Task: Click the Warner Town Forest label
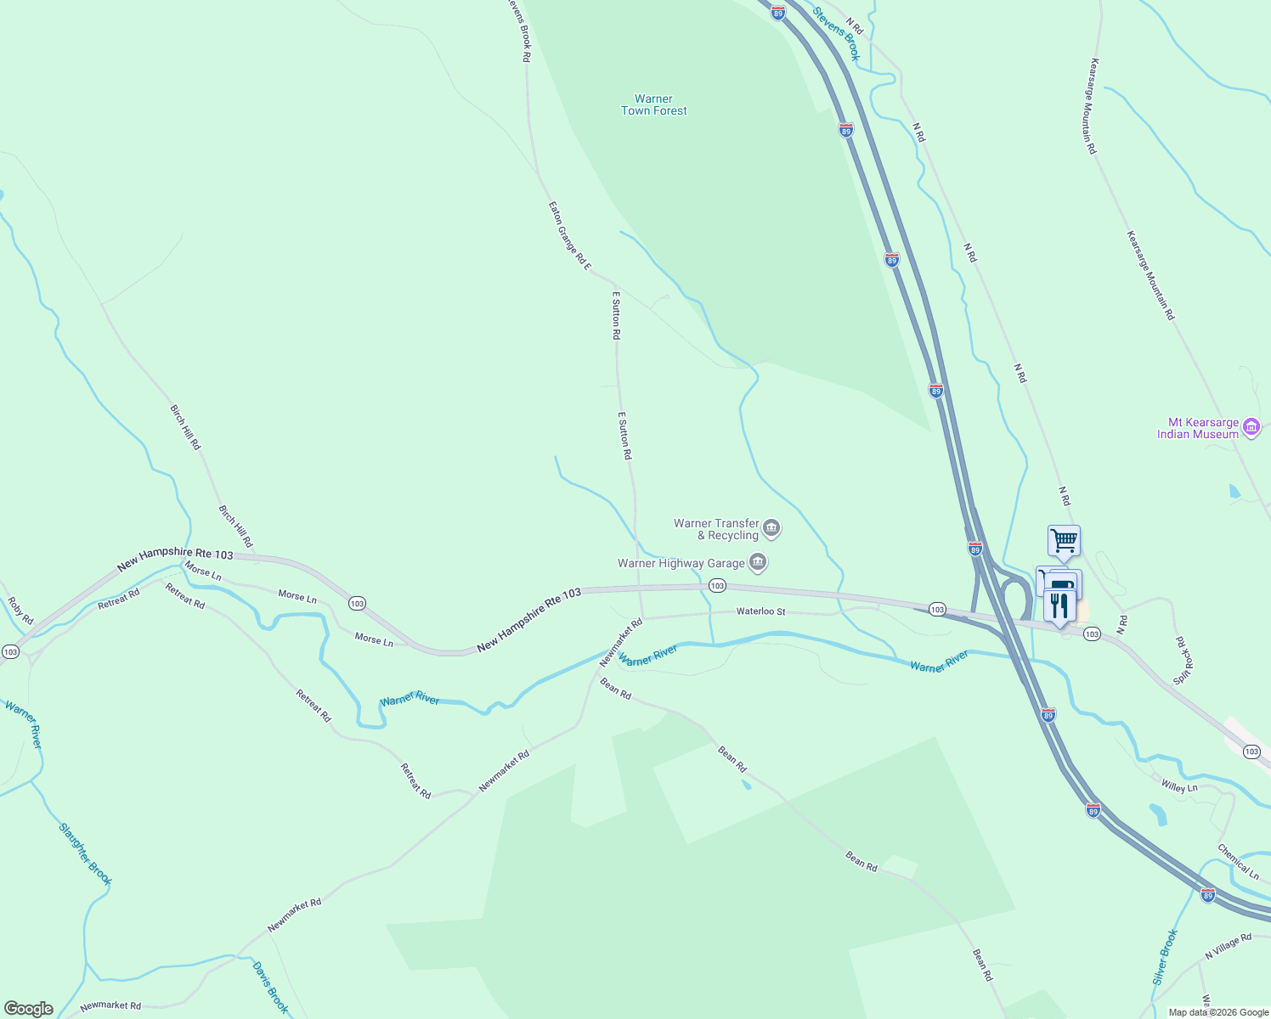pos(653,104)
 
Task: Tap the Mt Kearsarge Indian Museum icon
pos(1251,427)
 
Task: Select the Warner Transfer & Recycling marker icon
pos(771,529)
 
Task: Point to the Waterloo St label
pos(760,611)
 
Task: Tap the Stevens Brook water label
pos(837,34)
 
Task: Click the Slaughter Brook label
pos(85,853)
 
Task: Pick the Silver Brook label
pos(1166,956)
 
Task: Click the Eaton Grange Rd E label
pos(569,236)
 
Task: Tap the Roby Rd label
pos(20,611)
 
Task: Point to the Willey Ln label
pos(1179,787)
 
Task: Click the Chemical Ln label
pos(1238,860)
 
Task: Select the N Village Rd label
pos(1229,947)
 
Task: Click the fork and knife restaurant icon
pos(1059,606)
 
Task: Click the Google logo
pos(29,1009)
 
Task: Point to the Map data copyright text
pos(1217,1012)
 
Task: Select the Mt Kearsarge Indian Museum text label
pos(1198,428)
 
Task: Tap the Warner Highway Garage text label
pos(681,563)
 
